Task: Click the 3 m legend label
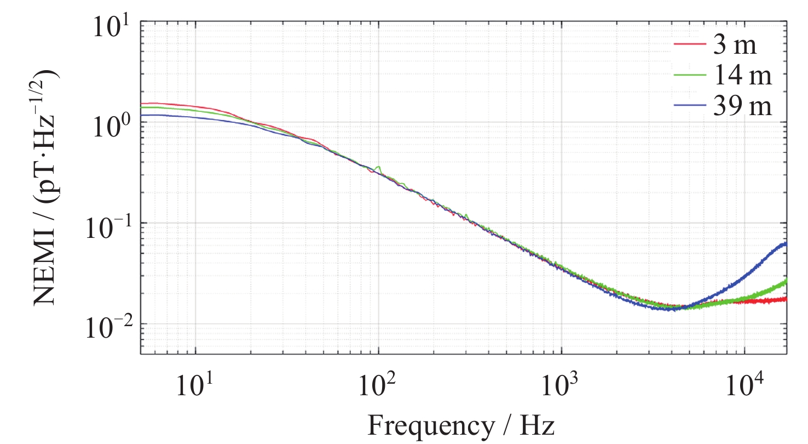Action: coord(735,46)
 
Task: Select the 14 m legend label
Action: coord(742,77)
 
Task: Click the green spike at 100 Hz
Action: coord(379,167)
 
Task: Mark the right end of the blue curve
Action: coord(786,244)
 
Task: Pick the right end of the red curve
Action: coord(786,299)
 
